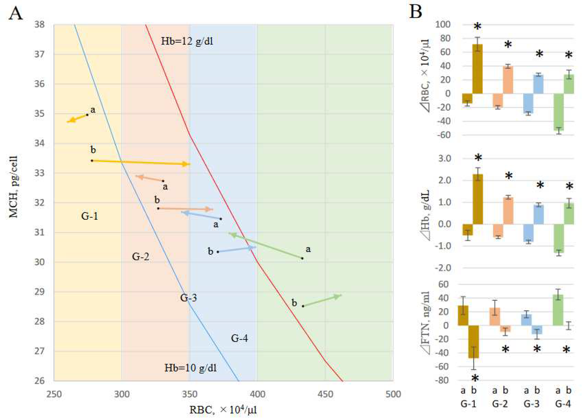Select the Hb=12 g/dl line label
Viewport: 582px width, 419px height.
pos(187,41)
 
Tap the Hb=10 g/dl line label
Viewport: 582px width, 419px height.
pos(190,368)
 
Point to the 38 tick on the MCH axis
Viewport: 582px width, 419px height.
pos(39,25)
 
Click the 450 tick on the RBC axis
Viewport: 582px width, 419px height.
pos(325,394)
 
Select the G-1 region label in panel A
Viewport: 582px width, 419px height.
pos(90,216)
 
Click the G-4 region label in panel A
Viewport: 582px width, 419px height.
pos(239,338)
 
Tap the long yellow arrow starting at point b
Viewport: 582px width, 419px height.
pos(141,162)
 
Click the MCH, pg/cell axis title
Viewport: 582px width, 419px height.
pos(13,187)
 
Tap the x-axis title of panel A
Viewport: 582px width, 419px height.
pos(223,410)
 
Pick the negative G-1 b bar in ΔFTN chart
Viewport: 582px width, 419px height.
pos(473,342)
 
